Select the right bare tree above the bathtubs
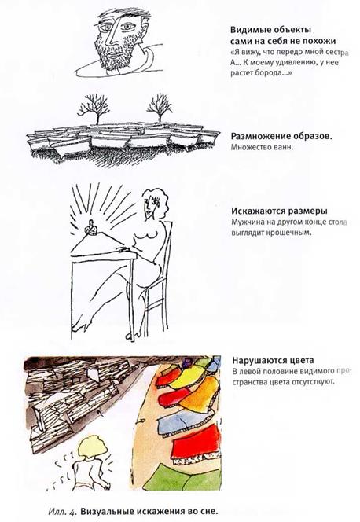pos(160,107)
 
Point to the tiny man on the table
pos(91,228)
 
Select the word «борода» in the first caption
pos(266,73)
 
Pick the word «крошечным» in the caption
pos(292,233)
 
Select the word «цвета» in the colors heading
pos(303,361)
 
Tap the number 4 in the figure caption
pos(74,512)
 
